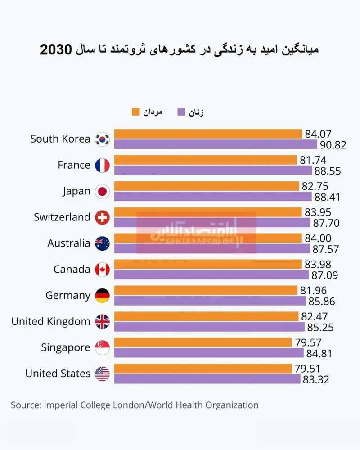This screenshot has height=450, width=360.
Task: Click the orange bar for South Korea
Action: coord(208,134)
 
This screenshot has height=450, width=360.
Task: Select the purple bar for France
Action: coord(213,171)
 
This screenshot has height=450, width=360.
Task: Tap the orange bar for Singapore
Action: coord(203,342)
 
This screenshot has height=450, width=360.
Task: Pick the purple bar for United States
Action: coord(207,379)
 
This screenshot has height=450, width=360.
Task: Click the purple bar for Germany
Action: coord(210,301)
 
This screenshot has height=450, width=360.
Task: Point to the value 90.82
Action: coord(333,145)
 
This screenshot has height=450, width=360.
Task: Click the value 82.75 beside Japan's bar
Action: coord(315,186)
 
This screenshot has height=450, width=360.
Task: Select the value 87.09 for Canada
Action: coord(325,275)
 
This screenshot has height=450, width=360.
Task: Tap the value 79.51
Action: coord(307,369)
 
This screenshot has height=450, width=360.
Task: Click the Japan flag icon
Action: coord(102,191)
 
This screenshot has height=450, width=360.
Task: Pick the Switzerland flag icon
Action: coord(102,217)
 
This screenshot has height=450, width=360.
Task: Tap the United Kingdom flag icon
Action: coord(102,321)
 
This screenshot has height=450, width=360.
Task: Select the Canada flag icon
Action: coord(102,270)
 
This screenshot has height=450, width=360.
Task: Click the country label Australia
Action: coord(68,243)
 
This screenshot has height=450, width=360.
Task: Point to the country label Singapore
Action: coord(65,347)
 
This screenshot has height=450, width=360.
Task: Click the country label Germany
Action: coord(68,295)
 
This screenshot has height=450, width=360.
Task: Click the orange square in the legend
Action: coord(135,112)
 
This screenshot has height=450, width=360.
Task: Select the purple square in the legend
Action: coord(181,112)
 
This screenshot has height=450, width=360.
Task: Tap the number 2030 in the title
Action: coord(56,49)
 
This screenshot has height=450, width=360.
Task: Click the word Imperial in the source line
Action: coord(61,405)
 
